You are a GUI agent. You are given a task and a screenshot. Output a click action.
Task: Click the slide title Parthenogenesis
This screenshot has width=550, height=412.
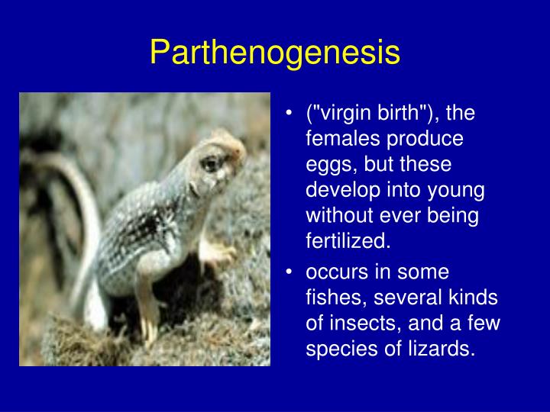tap(275, 52)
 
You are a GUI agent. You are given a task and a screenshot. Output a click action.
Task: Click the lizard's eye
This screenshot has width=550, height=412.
tap(211, 162)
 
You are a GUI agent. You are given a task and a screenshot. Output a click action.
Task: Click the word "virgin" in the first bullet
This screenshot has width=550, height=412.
tap(345, 114)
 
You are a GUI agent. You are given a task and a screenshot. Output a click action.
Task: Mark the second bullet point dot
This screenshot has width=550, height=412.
tap(290, 273)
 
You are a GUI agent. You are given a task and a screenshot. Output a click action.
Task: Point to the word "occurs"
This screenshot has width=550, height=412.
tap(332, 272)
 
